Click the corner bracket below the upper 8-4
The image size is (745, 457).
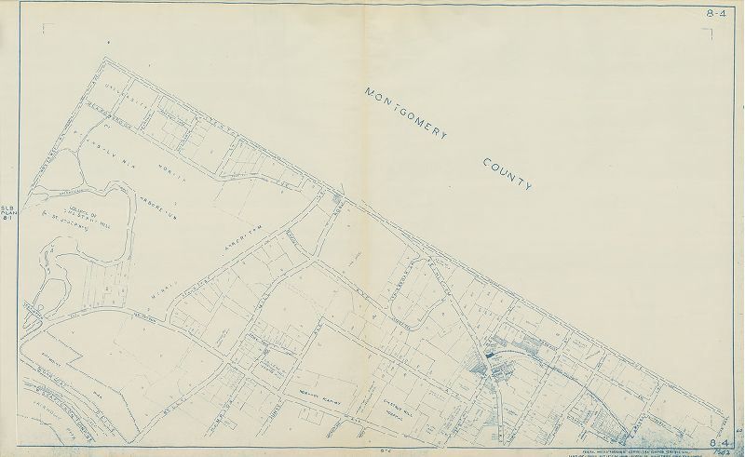(x=708, y=34)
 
